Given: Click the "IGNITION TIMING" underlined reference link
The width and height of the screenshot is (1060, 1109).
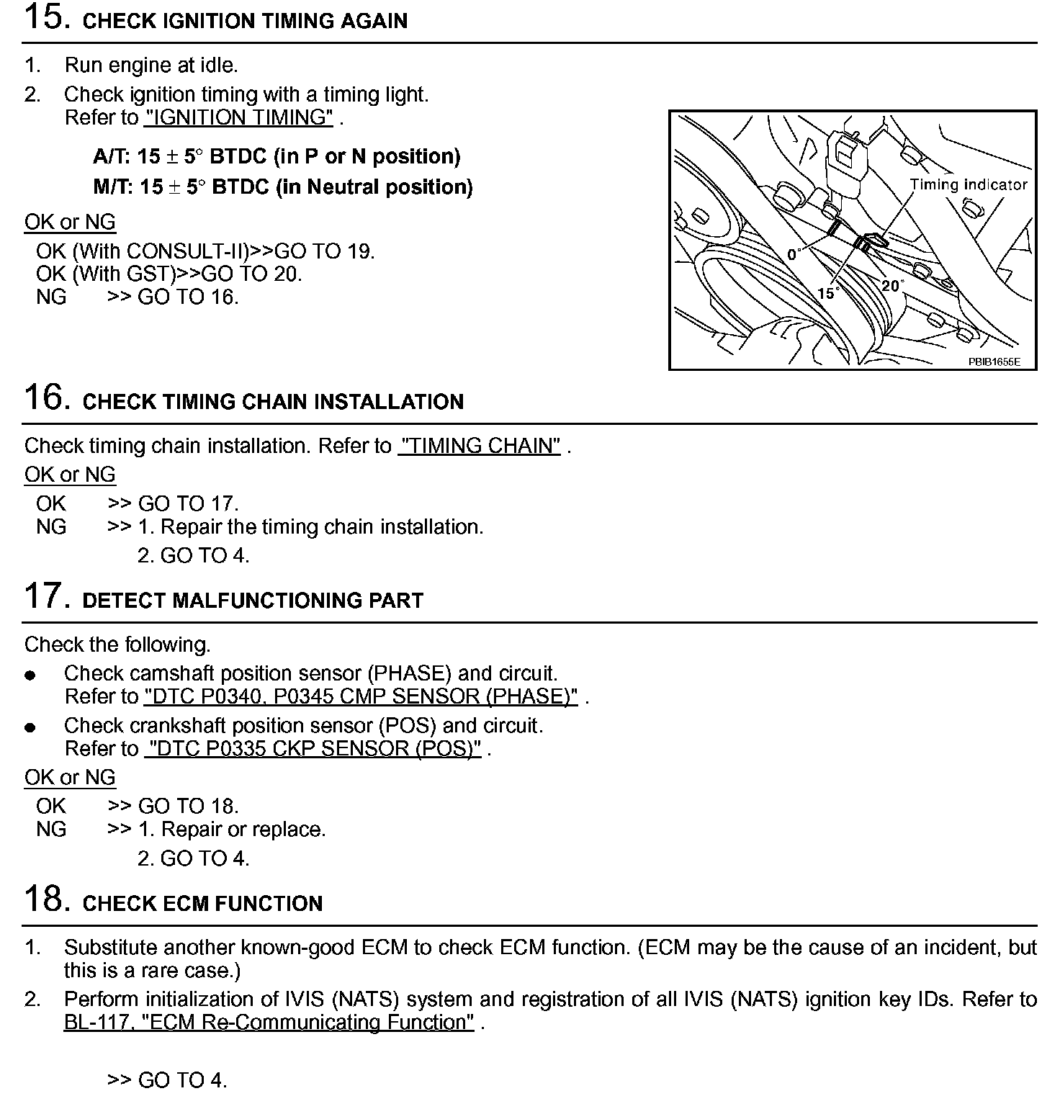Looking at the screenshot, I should pos(238,117).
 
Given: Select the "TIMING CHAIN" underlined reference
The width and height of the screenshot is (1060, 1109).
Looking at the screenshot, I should pos(479,446).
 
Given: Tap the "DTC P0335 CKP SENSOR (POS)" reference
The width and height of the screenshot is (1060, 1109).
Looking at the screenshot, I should pos(313,749).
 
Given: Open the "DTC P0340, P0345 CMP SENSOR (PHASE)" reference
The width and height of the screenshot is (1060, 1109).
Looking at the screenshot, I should pos(361,696).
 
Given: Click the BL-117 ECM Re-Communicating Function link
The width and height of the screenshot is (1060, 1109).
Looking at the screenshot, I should pos(269,1023).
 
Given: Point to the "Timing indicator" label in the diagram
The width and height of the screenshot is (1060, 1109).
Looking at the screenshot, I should pos(968,184).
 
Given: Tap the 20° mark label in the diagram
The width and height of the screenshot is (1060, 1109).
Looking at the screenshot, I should pos(891,286).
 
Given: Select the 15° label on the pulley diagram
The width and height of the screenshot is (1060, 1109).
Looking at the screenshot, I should pos(827,293).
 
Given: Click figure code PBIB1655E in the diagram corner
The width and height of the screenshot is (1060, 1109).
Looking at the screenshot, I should pos(994,362).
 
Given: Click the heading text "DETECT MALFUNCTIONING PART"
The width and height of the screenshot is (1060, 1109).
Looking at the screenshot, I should pos(253,601).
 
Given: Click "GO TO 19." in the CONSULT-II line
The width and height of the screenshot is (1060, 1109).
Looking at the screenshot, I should pos(325,251).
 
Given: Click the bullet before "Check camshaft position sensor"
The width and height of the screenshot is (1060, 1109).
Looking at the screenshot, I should pos(30,675).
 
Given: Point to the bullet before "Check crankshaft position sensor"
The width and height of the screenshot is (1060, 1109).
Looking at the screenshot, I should pos(30,727).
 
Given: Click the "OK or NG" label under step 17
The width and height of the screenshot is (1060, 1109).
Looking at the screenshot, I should pos(70,778).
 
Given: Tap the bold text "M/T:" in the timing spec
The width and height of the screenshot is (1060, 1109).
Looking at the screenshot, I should pos(113,187).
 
